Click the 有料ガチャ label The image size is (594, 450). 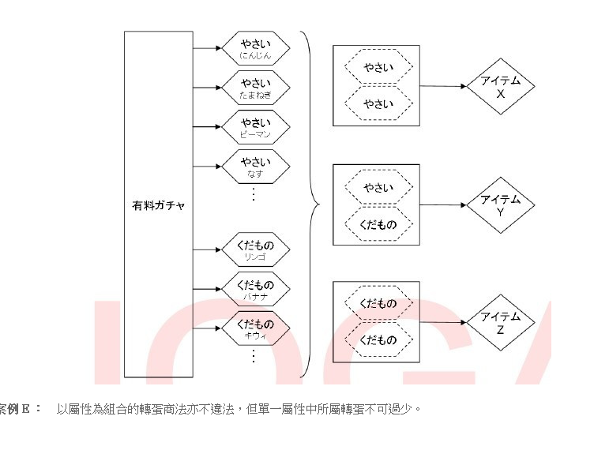coord(159,205)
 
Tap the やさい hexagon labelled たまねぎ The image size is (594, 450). coord(255,87)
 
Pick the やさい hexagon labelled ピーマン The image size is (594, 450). coord(255,126)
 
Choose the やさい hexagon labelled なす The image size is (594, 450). coord(255,167)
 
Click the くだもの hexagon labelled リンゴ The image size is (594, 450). coord(255,249)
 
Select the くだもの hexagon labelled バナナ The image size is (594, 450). coord(255,288)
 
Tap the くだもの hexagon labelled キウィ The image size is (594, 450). coord(255,328)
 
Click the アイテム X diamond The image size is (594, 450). coord(500,87)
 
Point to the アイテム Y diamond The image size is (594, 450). coord(500,205)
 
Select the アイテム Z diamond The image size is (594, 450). coord(500,323)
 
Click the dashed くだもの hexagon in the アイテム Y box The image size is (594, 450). coord(378,224)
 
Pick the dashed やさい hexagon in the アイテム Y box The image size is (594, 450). coord(378,187)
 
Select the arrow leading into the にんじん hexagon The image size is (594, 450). coord(207,47)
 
